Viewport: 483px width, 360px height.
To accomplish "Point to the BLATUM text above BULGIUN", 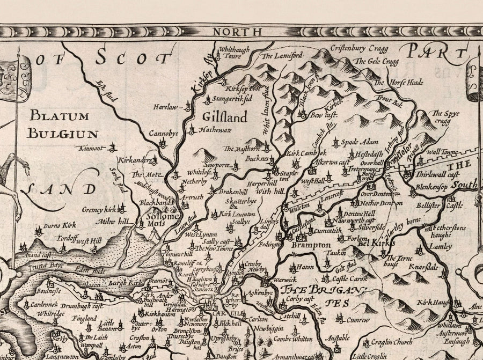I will [56, 114].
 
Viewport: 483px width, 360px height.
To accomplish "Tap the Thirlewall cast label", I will [437, 174].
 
